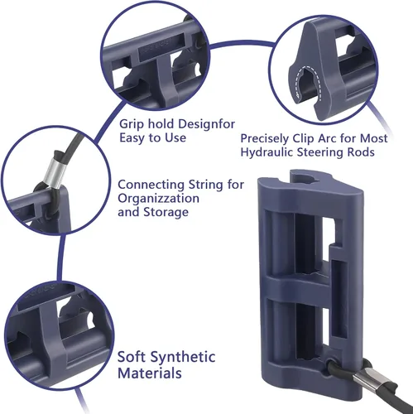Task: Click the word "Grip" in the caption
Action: [x=132, y=124]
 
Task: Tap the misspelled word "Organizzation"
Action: [x=158, y=199]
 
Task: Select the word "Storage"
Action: [x=166, y=212]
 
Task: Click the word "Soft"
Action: [x=131, y=357]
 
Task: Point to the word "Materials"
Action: [x=150, y=373]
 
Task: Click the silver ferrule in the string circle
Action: [x=55, y=171]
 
